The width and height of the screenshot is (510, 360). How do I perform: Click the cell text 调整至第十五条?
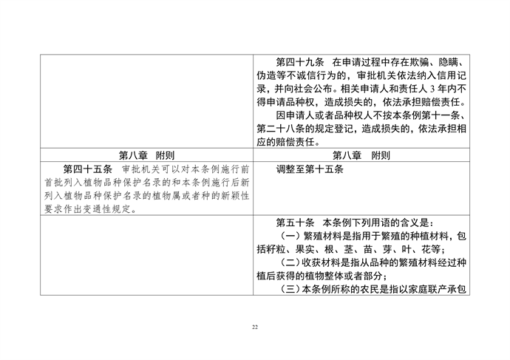click(310, 169)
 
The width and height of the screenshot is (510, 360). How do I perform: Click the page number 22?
click(255, 326)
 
